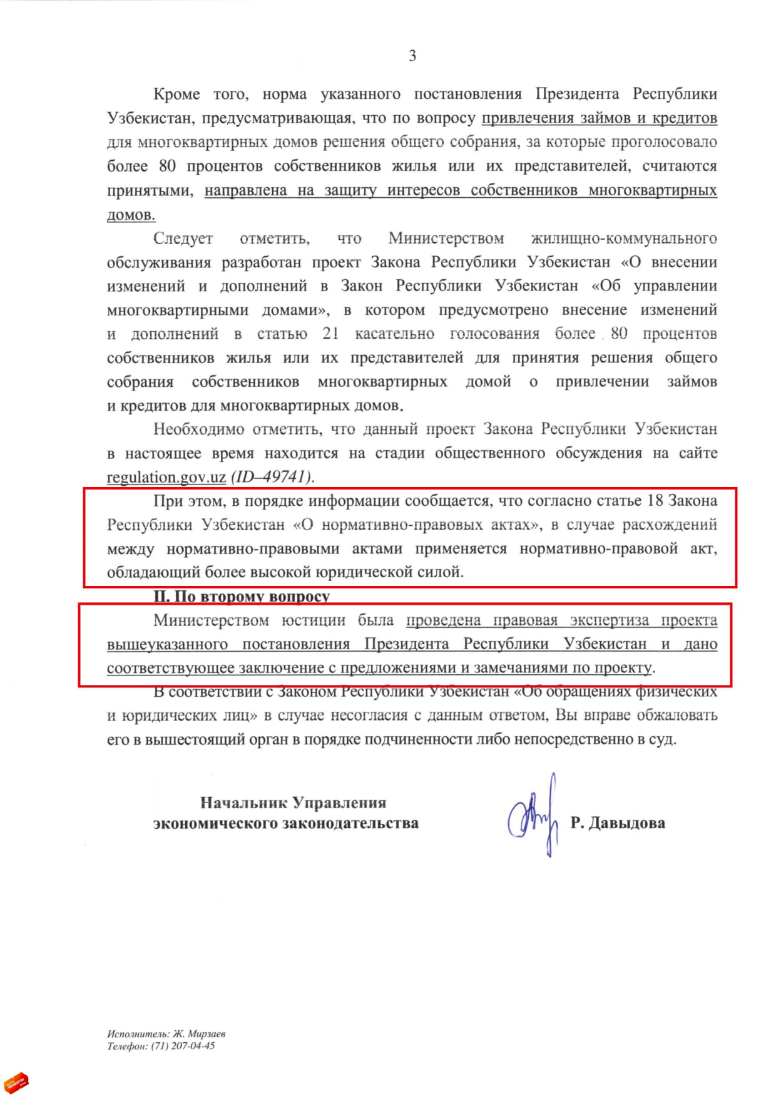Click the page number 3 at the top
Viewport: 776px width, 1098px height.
pos(412,56)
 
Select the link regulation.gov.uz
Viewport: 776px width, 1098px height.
pos(166,477)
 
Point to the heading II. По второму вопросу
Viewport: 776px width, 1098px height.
pos(242,596)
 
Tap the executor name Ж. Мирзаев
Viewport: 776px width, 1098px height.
pos(199,1034)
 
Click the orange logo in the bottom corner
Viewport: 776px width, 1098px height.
pos(17,1081)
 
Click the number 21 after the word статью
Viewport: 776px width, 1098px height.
pos(330,334)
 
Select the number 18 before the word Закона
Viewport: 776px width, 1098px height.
pos(653,501)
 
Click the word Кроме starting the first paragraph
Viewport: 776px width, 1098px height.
pos(176,95)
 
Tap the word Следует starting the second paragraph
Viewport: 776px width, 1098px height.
pos(183,239)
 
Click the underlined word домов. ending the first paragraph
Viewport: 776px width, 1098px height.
pos(131,215)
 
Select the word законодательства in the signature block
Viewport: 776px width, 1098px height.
pos(350,823)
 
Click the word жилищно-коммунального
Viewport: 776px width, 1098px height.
pos(623,239)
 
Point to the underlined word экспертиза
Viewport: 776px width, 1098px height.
pos(608,620)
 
